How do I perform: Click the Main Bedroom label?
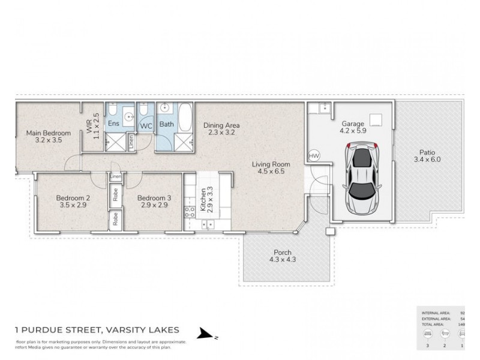pos(48,137)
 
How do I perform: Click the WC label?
pos(146,126)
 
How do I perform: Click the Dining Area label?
pos(221,129)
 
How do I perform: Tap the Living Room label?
pos(271,167)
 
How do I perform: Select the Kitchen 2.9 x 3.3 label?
pos(206,200)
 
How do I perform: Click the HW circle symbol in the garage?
pos(313,155)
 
